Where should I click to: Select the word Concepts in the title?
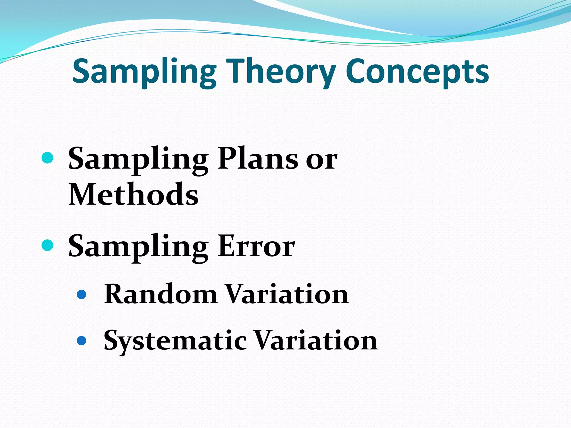pyautogui.click(x=417, y=72)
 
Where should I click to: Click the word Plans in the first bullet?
pyautogui.click(x=258, y=159)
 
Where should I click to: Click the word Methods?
pyautogui.click(x=133, y=194)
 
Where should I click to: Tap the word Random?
pyautogui.click(x=161, y=294)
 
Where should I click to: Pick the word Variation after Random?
pyautogui.click(x=287, y=294)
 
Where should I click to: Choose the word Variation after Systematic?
pyautogui.click(x=316, y=341)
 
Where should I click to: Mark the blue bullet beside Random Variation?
pyautogui.click(x=81, y=295)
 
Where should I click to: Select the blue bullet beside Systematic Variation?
pyautogui.click(x=81, y=341)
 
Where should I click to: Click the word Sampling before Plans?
pyautogui.click(x=138, y=160)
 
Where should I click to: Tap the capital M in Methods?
pyautogui.click(x=83, y=194)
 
